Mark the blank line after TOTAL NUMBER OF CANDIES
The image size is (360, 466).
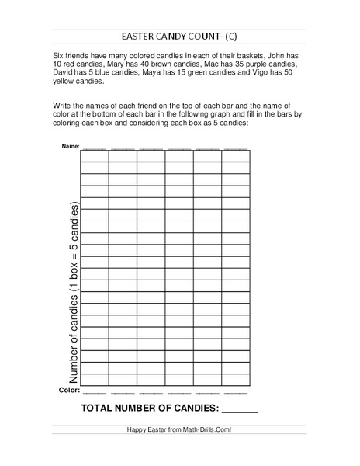coord(240,408)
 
